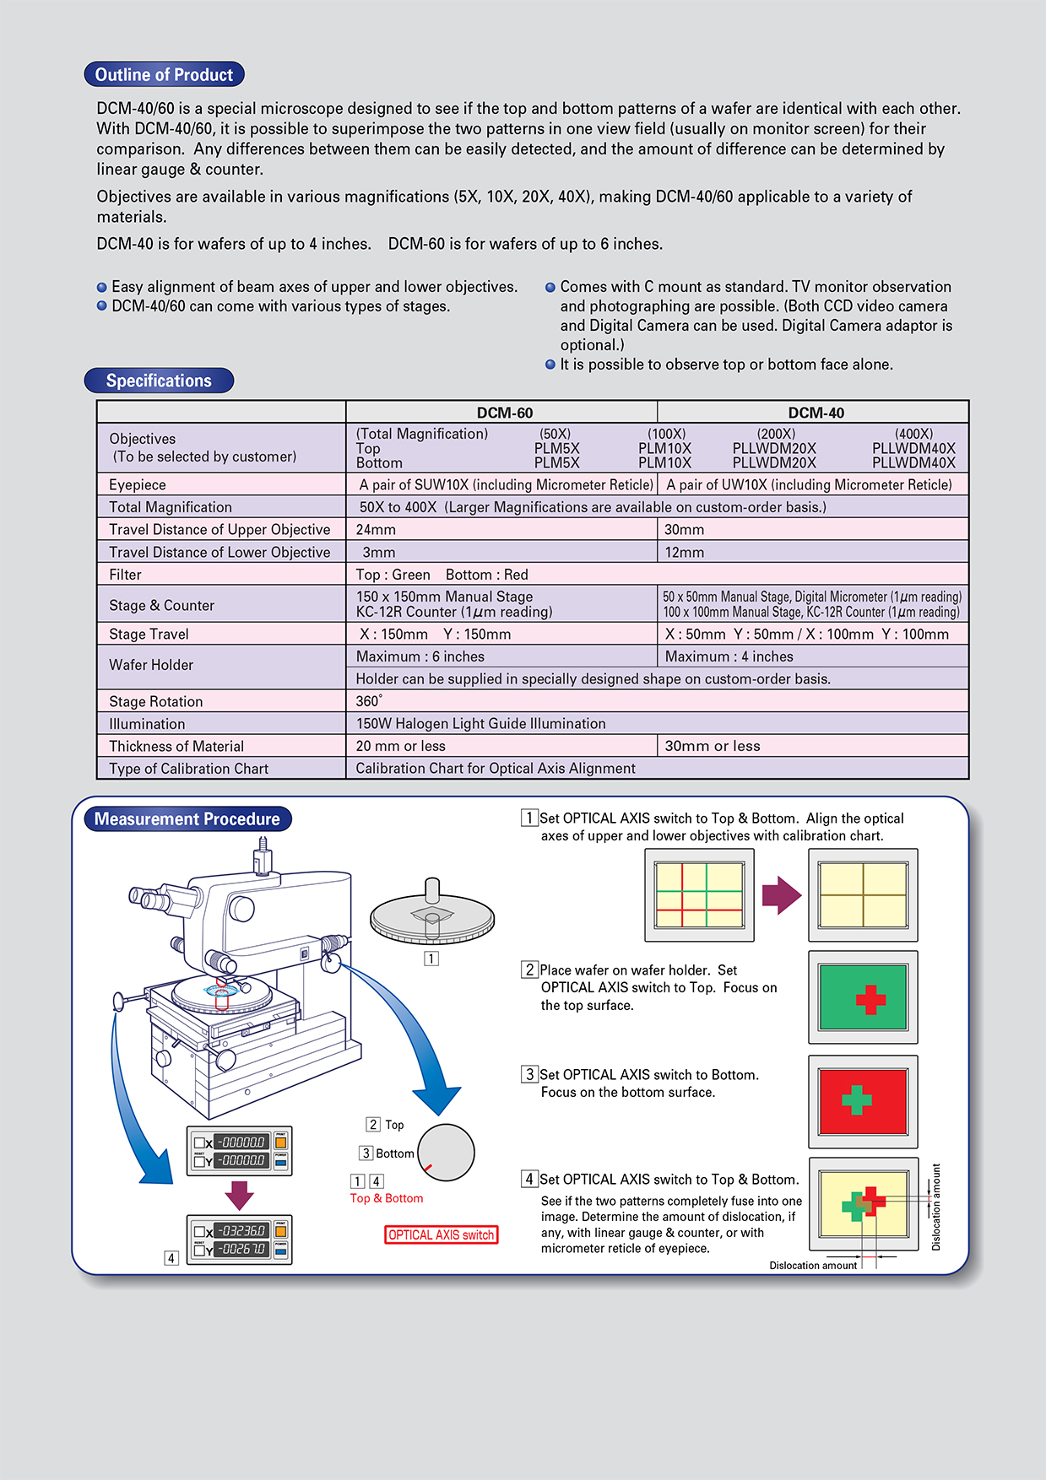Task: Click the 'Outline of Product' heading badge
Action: (x=164, y=75)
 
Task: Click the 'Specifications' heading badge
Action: (x=159, y=381)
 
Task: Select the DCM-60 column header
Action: (x=504, y=413)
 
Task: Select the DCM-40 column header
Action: (x=816, y=413)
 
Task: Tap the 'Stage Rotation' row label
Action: (x=156, y=701)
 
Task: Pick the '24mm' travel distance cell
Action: (x=377, y=530)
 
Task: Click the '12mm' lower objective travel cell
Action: (x=684, y=553)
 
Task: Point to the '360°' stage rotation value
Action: (x=369, y=701)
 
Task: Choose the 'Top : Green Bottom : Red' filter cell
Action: (x=442, y=575)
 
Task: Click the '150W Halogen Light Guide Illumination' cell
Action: (x=480, y=724)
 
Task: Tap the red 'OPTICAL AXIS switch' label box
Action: (x=441, y=1235)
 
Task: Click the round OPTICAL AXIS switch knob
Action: (x=446, y=1153)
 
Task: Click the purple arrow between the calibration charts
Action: (x=781, y=895)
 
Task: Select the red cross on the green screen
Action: (x=870, y=1000)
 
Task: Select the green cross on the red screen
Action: (x=857, y=1099)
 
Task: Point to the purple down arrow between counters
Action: (x=240, y=1194)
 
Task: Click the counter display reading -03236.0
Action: (x=241, y=1230)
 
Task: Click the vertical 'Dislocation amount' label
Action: (x=935, y=1207)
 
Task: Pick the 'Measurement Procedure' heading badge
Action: (x=187, y=819)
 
